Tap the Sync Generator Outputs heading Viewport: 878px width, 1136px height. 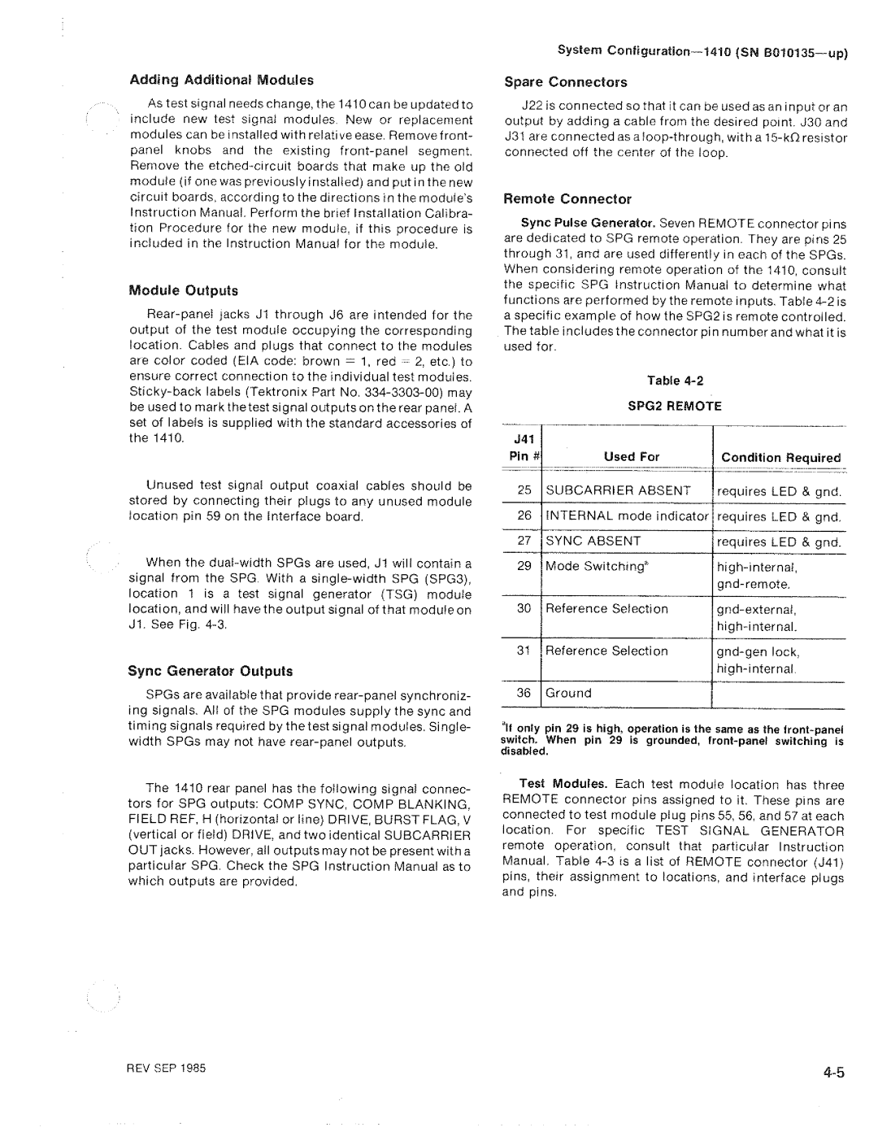[211, 672]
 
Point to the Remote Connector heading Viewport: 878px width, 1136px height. [567, 199]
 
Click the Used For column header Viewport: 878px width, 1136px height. [631, 457]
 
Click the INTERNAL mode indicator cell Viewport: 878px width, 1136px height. [627, 516]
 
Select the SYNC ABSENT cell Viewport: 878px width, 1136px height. [593, 542]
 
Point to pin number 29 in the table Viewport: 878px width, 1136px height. [524, 567]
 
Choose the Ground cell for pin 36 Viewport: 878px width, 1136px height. [568, 694]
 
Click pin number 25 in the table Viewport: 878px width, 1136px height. [524, 491]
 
